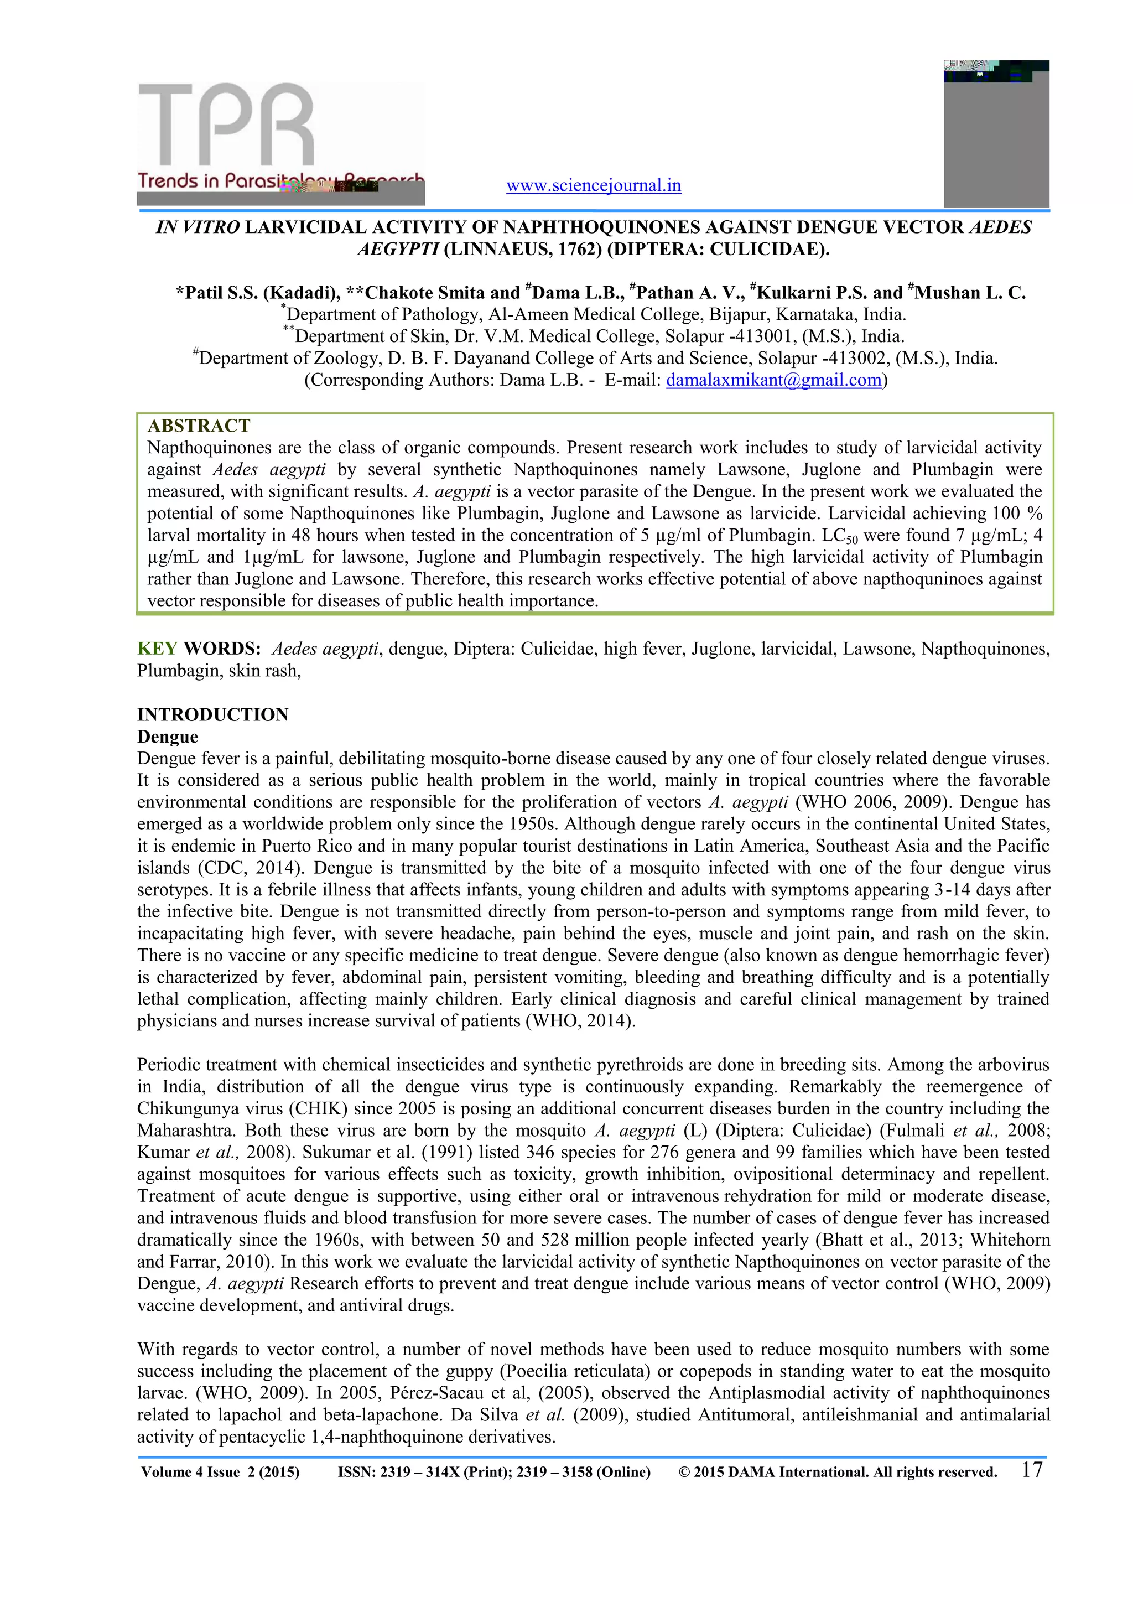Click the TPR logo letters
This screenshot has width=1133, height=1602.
pos(227,124)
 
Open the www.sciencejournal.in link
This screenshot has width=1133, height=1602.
pos(593,185)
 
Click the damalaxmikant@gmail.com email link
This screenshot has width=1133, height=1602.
pos(774,380)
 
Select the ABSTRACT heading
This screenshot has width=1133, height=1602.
pos(199,426)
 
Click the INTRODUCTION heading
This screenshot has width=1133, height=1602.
pos(213,714)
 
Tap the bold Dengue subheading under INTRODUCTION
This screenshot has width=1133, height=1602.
pos(168,737)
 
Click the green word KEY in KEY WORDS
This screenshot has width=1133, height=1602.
pos(157,649)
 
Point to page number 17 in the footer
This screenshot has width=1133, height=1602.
pos(1032,1469)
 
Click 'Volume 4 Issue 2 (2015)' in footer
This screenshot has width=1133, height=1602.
pos(221,1472)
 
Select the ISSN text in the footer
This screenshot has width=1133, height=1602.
pos(494,1472)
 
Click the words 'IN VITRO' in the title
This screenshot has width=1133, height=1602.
pos(198,227)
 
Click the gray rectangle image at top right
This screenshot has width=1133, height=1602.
pos(996,139)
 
